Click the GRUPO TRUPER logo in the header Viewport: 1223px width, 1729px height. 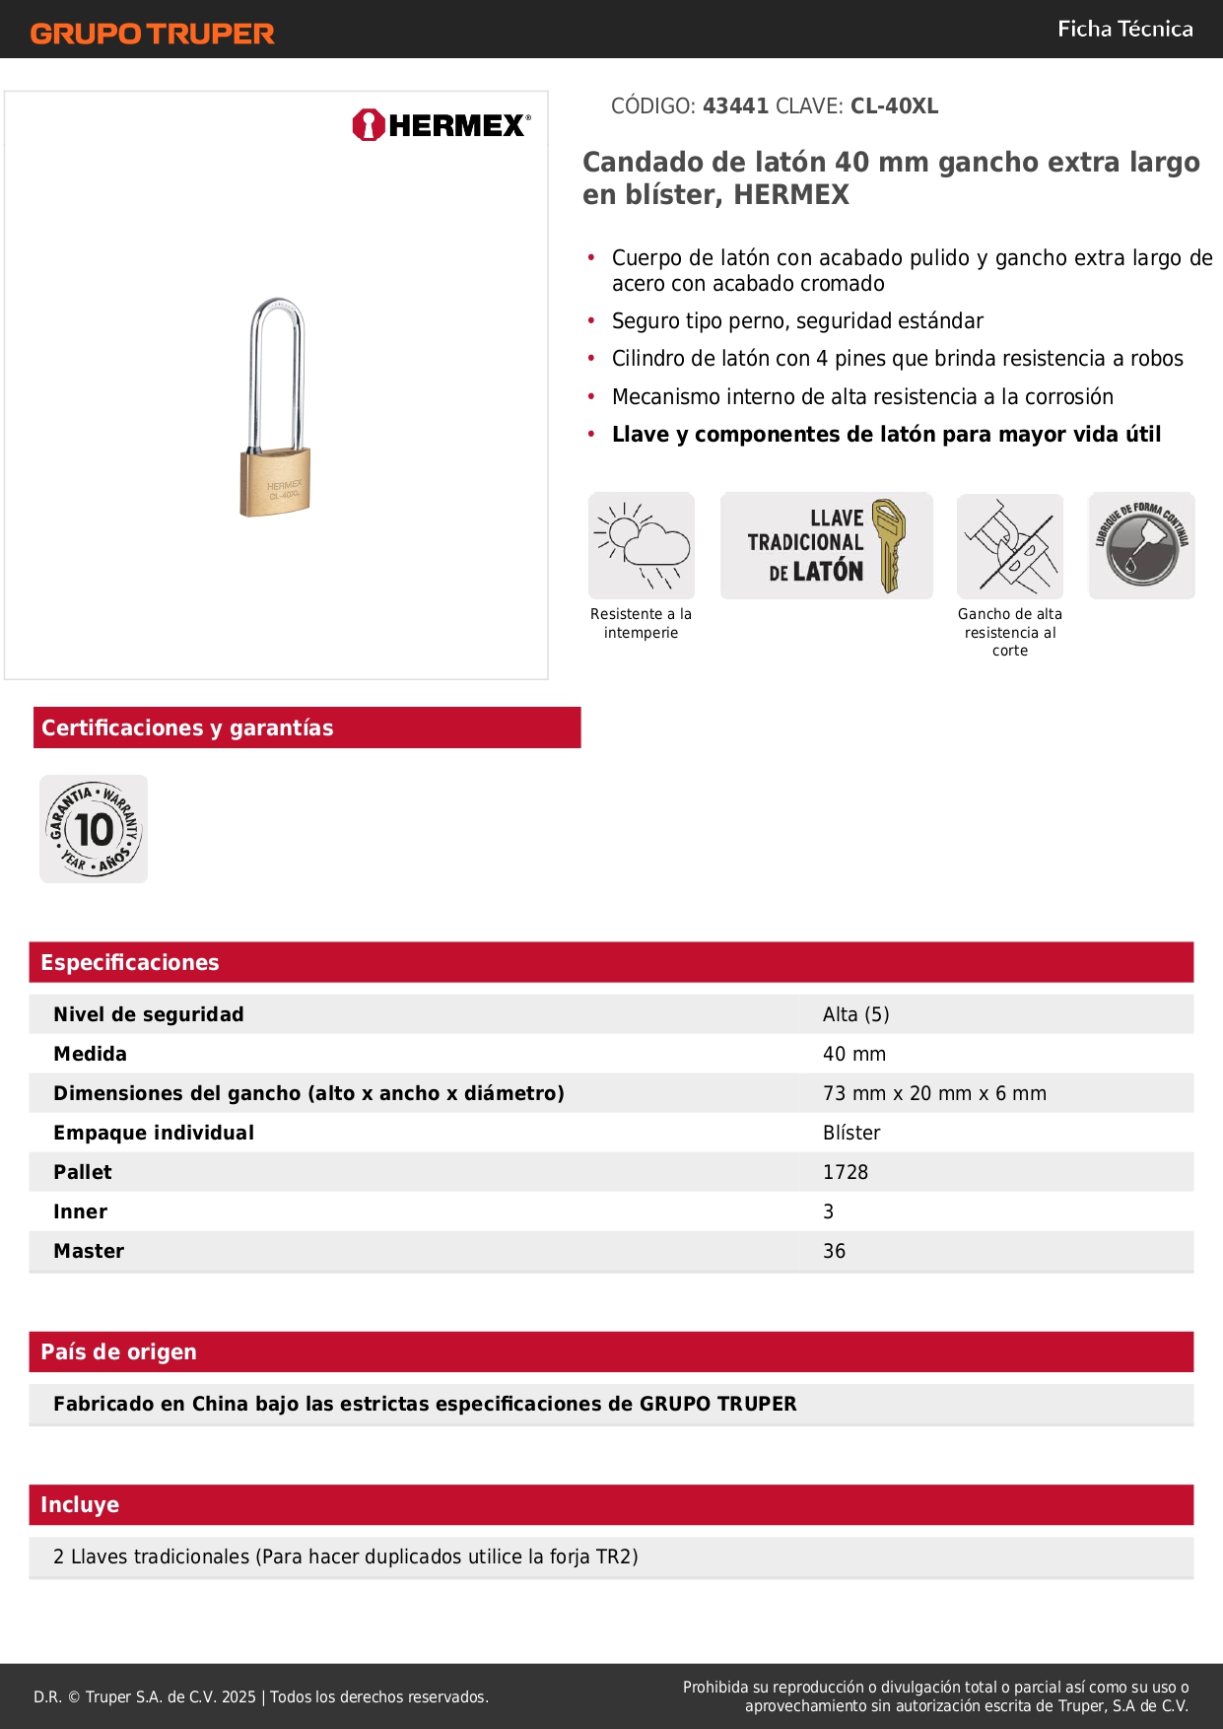153,34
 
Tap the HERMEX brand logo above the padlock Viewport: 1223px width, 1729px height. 442,125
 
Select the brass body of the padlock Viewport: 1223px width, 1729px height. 276,483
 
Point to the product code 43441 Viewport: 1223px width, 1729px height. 735,106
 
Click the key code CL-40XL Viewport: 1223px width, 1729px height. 894,106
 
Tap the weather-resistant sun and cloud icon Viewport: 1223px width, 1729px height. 642,545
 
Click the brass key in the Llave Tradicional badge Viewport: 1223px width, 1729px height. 888,544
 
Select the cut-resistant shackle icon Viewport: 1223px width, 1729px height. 1010,545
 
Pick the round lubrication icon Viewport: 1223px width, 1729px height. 1141,545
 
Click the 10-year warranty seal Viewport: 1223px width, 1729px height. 94,829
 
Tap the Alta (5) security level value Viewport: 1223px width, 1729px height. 855,1014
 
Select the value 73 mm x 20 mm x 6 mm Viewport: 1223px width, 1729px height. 934,1093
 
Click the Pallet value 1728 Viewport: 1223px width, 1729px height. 846,1172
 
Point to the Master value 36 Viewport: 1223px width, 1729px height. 834,1251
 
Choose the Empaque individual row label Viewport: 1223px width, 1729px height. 154,1133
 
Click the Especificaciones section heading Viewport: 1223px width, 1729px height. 130,962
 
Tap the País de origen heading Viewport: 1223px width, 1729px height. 118,1351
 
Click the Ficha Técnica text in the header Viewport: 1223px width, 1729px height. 1124,30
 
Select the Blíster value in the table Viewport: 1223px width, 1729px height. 851,1133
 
